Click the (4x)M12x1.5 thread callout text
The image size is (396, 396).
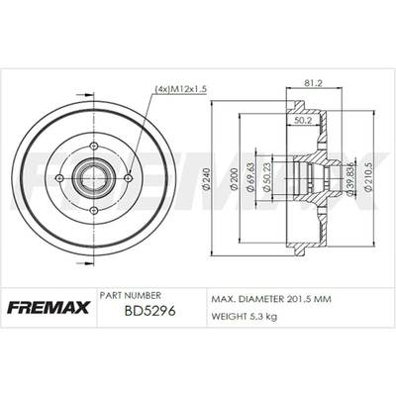[180, 89]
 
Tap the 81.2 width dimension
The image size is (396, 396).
[312, 83]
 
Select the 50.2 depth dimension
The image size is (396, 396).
[303, 121]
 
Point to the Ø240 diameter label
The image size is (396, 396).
[207, 180]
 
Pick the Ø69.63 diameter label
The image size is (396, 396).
[250, 177]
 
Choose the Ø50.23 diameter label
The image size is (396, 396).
[267, 177]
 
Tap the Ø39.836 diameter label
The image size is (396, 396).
[351, 178]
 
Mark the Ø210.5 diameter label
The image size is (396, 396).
[369, 178]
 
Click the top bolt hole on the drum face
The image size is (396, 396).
[94, 146]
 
